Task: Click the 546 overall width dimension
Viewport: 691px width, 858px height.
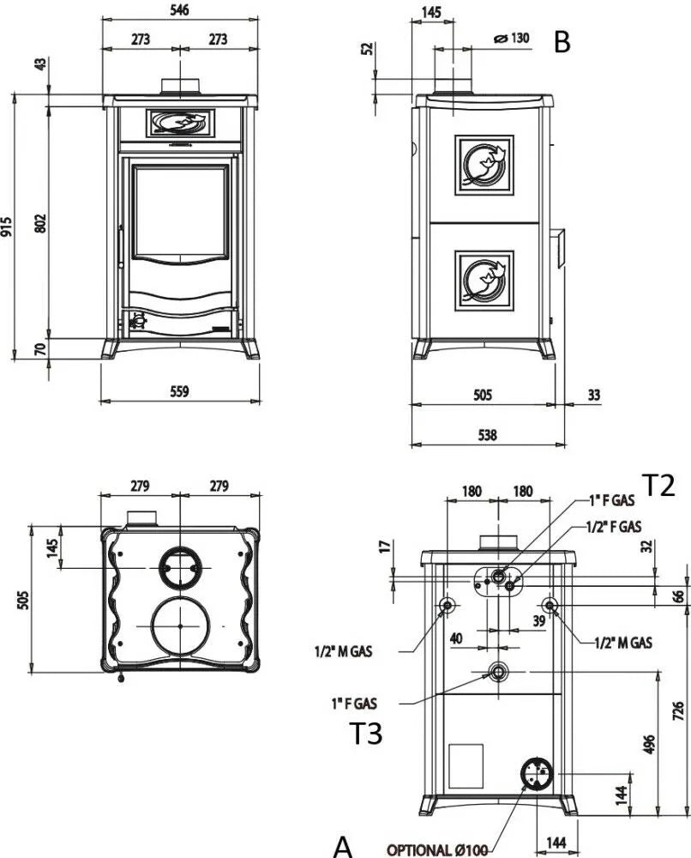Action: (x=180, y=9)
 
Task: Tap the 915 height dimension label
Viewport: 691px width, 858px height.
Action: (x=8, y=227)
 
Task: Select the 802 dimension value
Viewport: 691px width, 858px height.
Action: (x=39, y=221)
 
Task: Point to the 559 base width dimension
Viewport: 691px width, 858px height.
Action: (x=179, y=391)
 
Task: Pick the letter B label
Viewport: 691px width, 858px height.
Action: (x=562, y=42)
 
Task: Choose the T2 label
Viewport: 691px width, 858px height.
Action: (x=659, y=486)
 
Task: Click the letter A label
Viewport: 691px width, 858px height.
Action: (x=343, y=846)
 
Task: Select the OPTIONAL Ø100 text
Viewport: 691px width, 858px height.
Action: (x=437, y=849)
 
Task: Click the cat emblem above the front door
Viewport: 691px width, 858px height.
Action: (x=180, y=124)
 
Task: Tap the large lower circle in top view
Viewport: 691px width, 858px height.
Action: (x=180, y=626)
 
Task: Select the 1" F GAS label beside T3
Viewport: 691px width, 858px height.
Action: (x=354, y=704)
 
